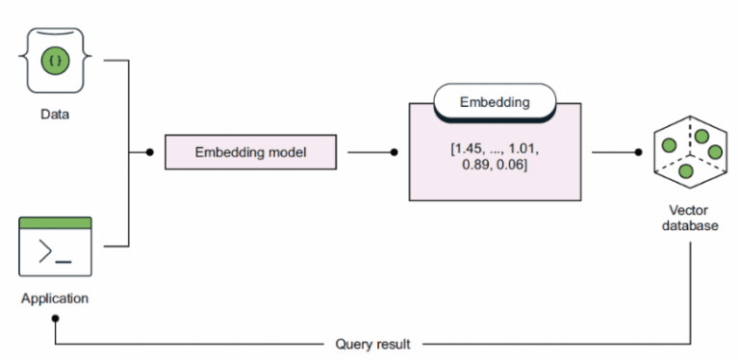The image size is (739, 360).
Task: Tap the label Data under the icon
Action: pos(55,114)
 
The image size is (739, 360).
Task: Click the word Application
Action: pos(55,297)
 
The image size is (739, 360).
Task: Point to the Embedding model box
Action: pos(250,152)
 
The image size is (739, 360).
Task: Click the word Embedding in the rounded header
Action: pos(494,99)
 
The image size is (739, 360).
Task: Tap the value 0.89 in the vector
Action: pos(471,167)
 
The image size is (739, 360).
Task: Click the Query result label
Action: pos(372,343)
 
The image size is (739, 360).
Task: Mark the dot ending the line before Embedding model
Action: pos(148,152)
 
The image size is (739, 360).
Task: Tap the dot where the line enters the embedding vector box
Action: pos(395,152)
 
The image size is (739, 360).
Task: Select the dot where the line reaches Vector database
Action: pos(639,152)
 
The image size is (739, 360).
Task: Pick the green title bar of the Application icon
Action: pos(55,222)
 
